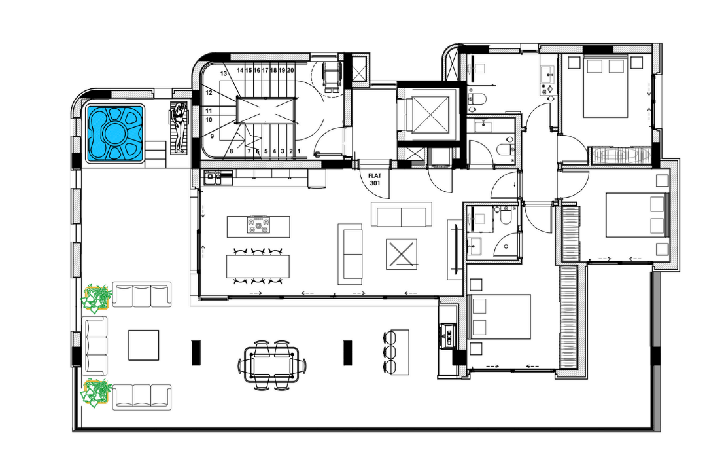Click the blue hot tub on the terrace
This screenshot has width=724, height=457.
pyautogui.click(x=116, y=134)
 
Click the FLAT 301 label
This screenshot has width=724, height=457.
pyautogui.click(x=375, y=179)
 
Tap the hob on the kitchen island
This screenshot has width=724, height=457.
pyautogui.click(x=258, y=227)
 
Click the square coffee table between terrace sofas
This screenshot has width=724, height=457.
pyautogui.click(x=143, y=345)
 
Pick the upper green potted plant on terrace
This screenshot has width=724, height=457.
pyautogui.click(x=96, y=297)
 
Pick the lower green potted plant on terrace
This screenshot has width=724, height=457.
pyautogui.click(x=96, y=393)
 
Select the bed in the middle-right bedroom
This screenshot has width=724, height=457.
pyautogui.click(x=635, y=215)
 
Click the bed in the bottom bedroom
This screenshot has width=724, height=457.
pyautogui.click(x=500, y=316)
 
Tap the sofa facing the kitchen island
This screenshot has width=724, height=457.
pyautogui.click(x=350, y=254)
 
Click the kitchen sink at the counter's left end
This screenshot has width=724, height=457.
pyautogui.click(x=211, y=175)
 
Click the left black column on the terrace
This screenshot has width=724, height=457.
pyautogui.click(x=195, y=352)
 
